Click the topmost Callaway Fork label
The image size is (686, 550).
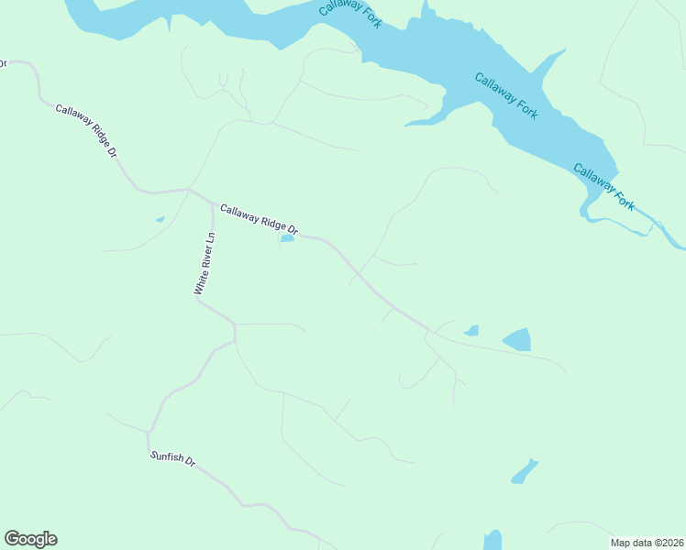[350, 14]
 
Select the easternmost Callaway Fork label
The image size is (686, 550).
[604, 185]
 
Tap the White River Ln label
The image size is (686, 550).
[204, 263]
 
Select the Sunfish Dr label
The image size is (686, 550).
[172, 458]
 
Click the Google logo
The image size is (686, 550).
[30, 539]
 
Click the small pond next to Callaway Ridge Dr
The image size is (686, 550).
[287, 239]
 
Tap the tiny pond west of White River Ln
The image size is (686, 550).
[160, 219]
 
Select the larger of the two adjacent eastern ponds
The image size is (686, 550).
[517, 340]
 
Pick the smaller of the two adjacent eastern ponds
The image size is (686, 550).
[472, 330]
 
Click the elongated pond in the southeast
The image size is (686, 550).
[524, 471]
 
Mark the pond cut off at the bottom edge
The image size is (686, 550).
[492, 540]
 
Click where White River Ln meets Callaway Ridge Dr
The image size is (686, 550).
[213, 202]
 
